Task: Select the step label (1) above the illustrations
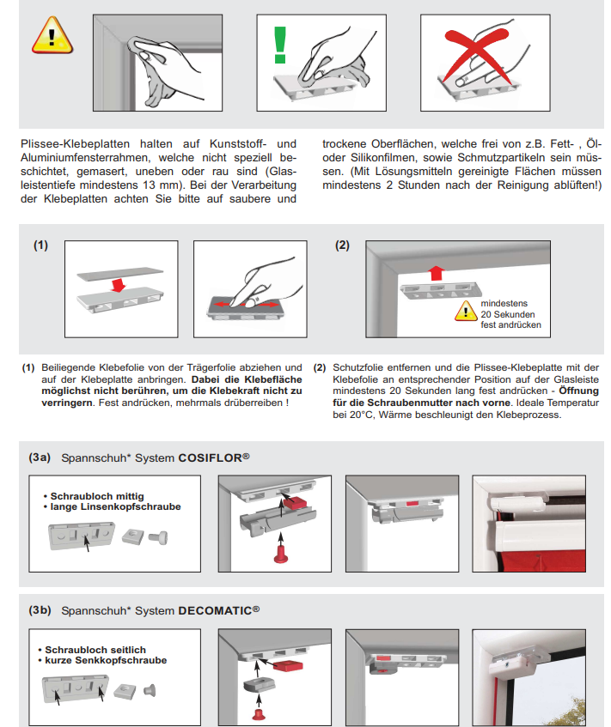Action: pyautogui.click(x=41, y=245)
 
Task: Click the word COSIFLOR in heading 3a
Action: pyautogui.click(x=209, y=457)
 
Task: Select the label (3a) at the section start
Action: pyautogui.click(x=40, y=457)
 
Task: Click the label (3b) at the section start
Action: pyautogui.click(x=40, y=611)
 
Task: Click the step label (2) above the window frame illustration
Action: pyautogui.click(x=342, y=245)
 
